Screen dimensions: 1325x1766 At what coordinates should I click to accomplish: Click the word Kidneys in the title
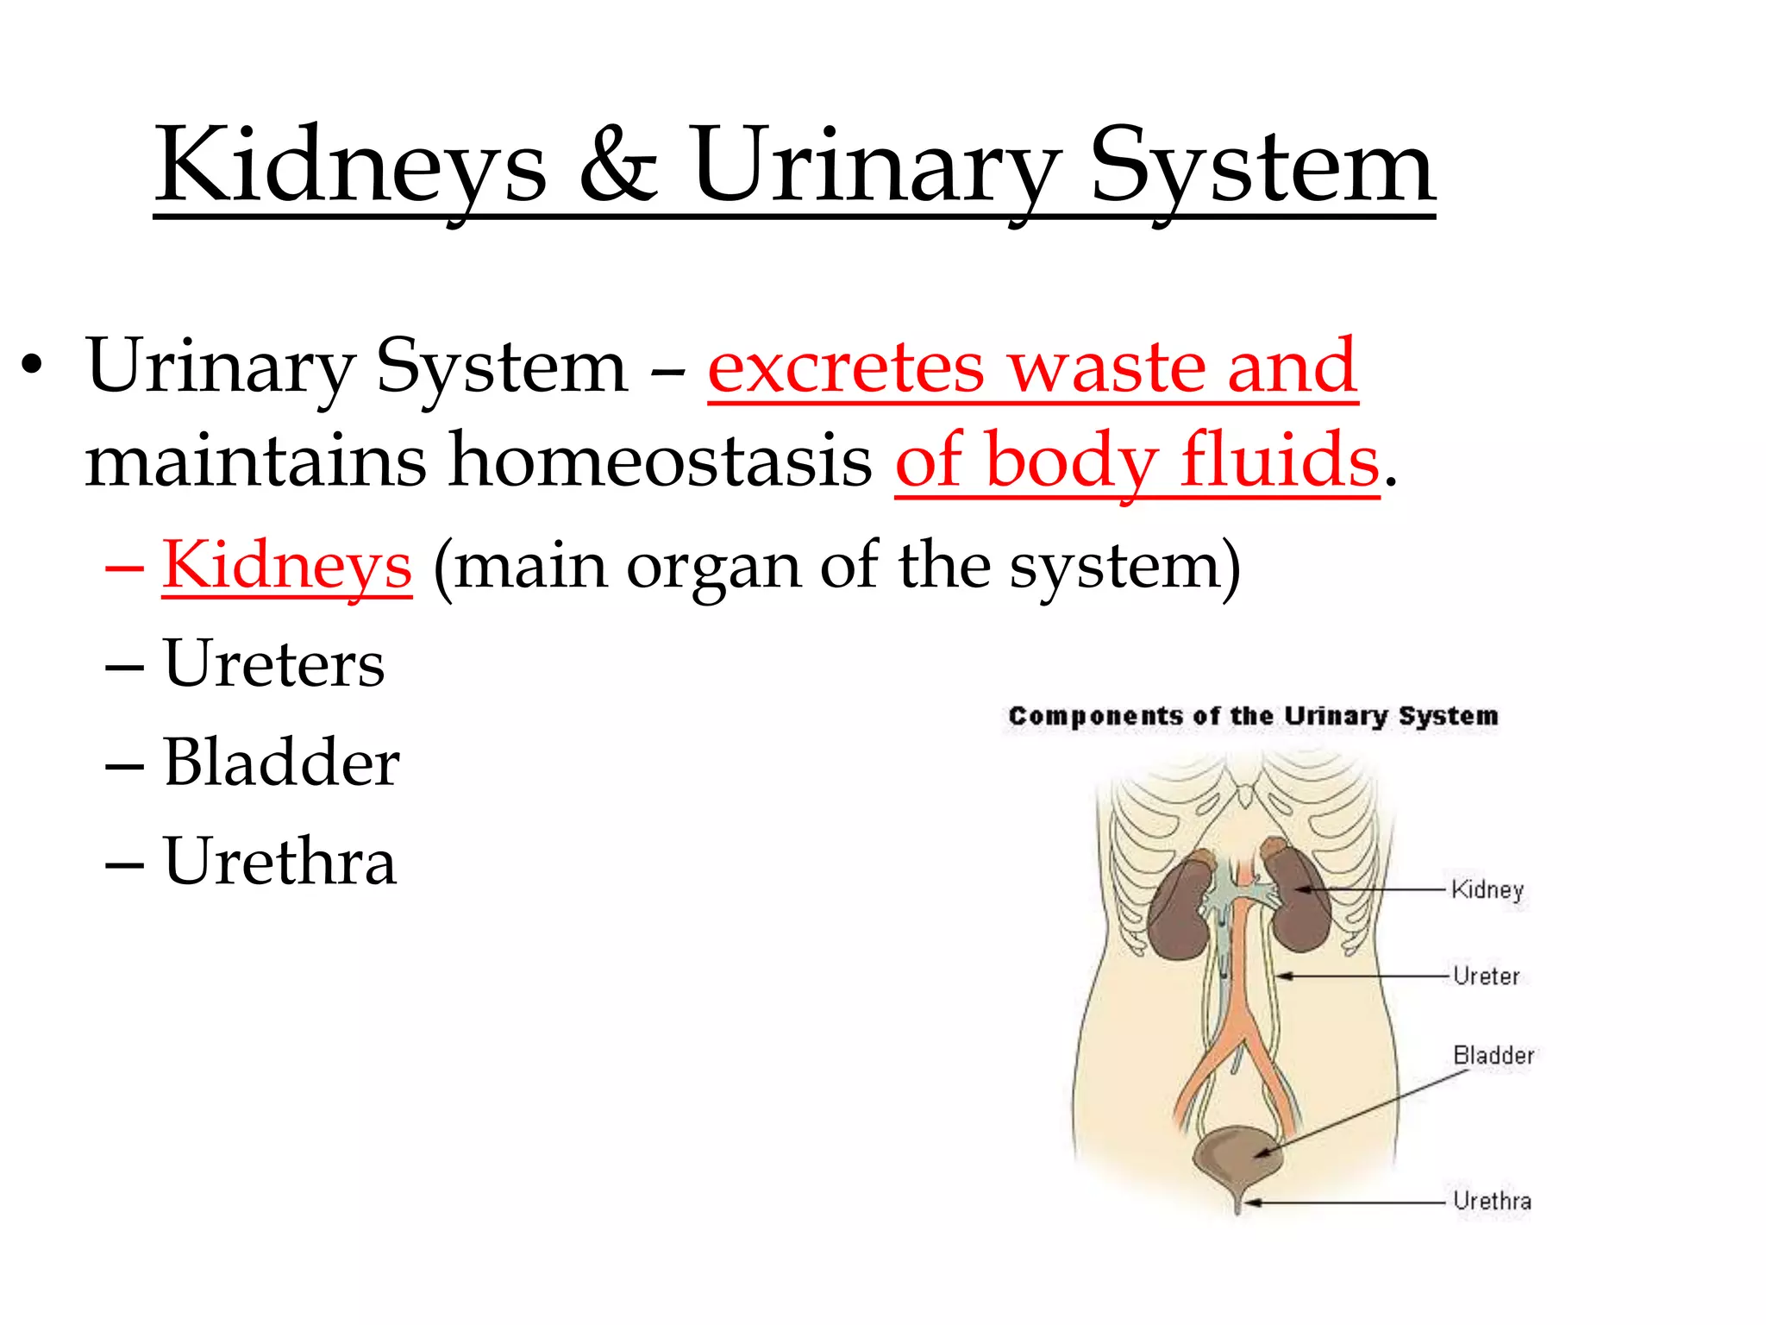(350, 166)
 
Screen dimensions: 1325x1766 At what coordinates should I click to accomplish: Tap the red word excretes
(845, 367)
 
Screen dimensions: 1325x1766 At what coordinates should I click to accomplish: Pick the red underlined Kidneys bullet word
(287, 566)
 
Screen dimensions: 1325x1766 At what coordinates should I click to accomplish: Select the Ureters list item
(274, 664)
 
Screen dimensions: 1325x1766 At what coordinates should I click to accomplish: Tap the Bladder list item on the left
(281, 763)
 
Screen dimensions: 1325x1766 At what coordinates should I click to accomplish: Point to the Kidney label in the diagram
(1487, 889)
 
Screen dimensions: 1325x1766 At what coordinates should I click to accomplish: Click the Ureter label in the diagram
(1486, 976)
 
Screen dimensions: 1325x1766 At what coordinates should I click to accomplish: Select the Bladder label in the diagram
(1494, 1056)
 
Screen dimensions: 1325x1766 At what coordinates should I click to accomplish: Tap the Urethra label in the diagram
(1492, 1201)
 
